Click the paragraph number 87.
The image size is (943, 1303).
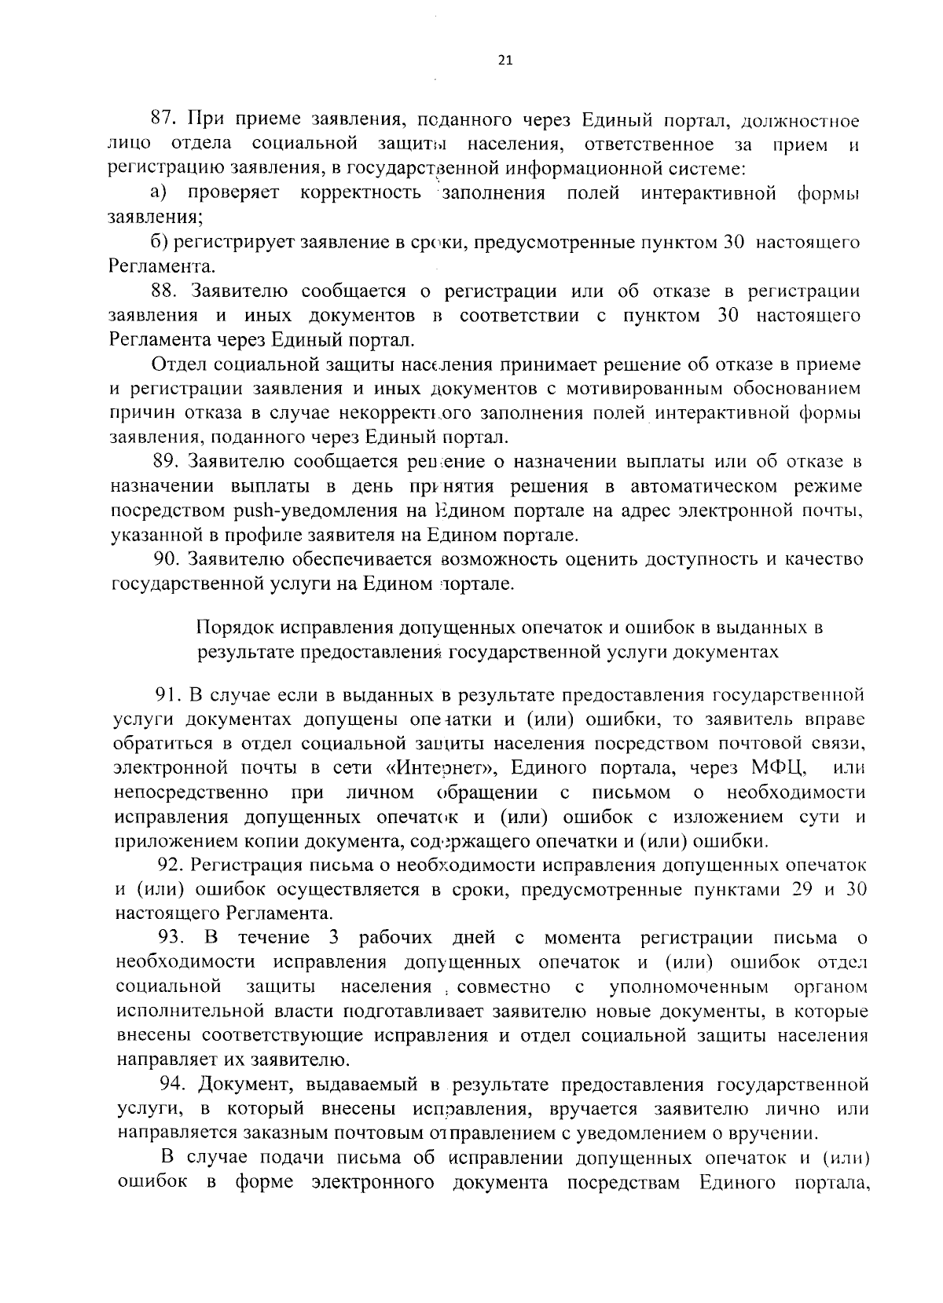tap(162, 121)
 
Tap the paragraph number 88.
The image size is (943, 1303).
tap(162, 291)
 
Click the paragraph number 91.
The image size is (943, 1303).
tap(167, 694)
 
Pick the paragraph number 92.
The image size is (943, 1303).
tap(171, 865)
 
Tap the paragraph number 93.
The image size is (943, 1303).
tap(171, 937)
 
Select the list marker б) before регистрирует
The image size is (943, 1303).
tap(160, 243)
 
